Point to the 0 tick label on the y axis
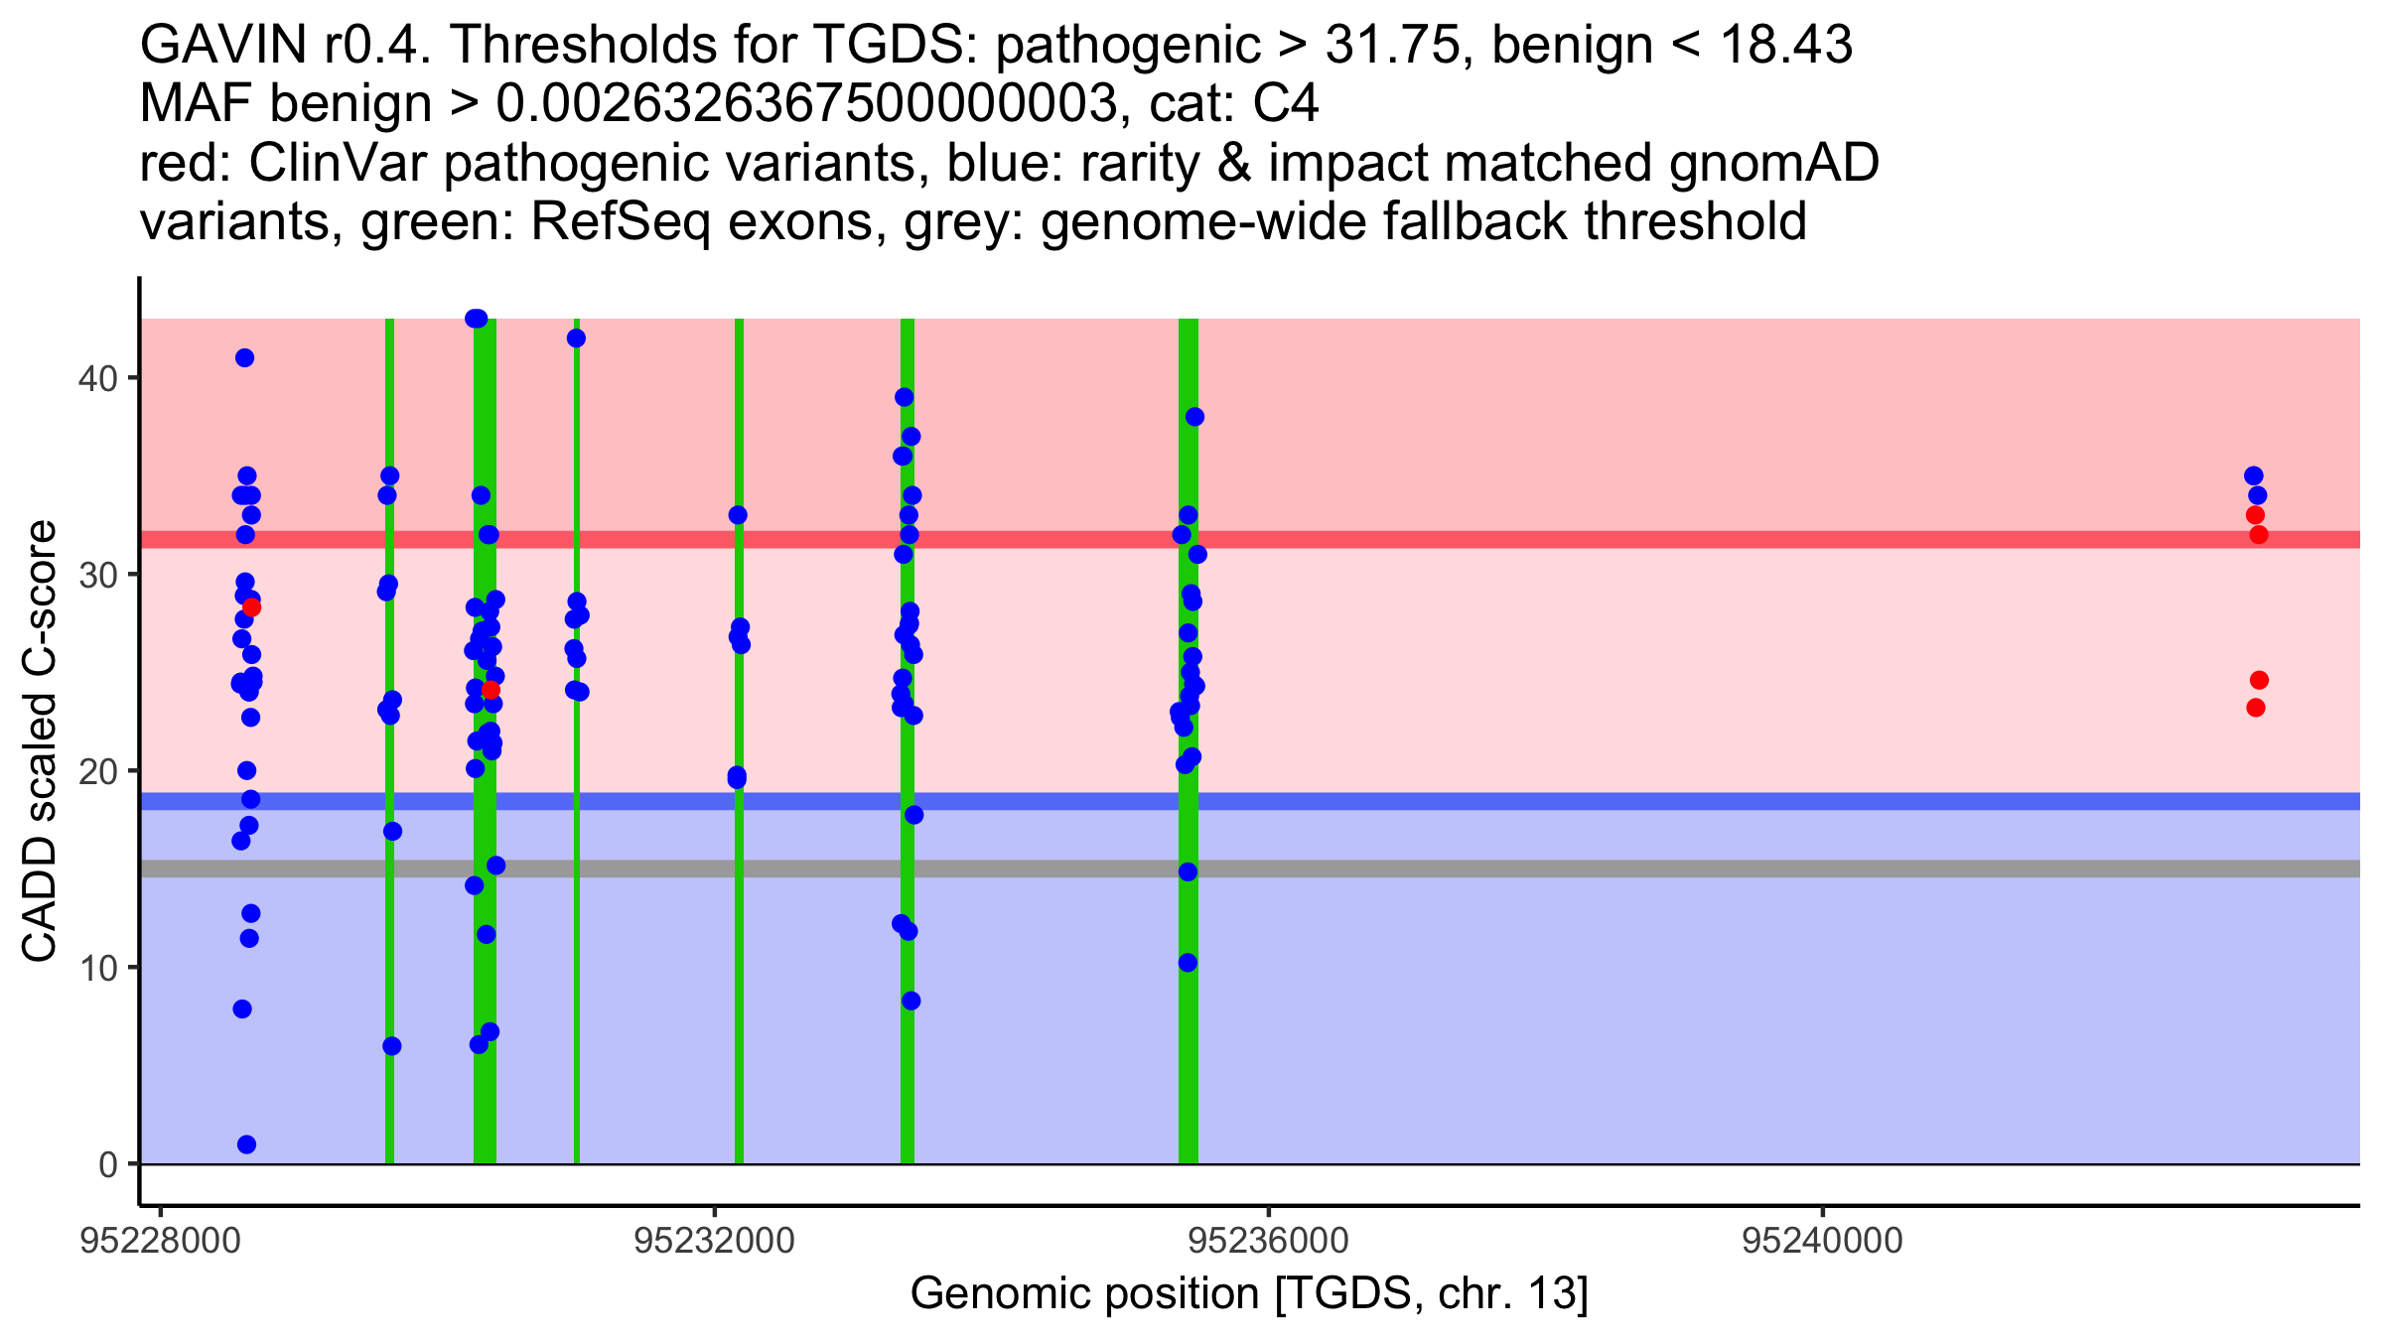[107, 1164]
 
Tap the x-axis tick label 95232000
[715, 1241]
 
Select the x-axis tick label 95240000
[1823, 1241]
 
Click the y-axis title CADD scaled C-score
[40, 741]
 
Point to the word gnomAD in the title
[1774, 163]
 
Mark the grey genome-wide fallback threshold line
[1250, 869]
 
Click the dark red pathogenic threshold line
[1250, 539]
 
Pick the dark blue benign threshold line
[1250, 801]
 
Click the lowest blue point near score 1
[247, 1144]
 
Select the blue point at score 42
[576, 338]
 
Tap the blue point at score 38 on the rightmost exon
[1194, 417]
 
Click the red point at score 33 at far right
[2256, 515]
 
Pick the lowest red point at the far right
[2256, 708]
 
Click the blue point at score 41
[244, 358]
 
